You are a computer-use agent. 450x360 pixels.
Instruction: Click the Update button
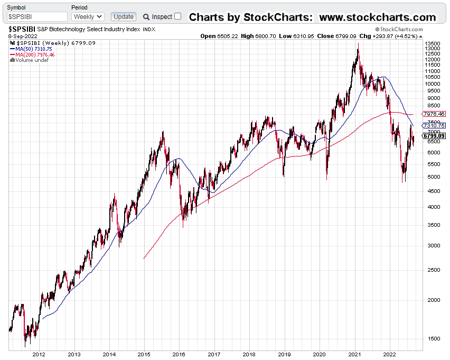pos(124,17)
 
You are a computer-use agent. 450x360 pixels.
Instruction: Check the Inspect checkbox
pos(177,16)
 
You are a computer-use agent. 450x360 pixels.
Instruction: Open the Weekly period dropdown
pos(88,17)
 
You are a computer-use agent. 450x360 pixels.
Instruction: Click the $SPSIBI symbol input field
pos(37,17)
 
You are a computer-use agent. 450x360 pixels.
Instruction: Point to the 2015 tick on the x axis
pos(144,355)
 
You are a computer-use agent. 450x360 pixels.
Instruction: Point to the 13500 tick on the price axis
pos(433,43)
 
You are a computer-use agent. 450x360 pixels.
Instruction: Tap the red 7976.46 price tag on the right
pos(434,114)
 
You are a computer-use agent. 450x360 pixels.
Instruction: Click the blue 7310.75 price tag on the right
pos(434,126)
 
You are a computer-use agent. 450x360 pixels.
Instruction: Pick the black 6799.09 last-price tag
pos(434,136)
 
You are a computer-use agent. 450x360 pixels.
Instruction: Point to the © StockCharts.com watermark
pos(399,30)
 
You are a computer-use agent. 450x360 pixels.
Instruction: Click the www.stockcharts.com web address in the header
pos(378,17)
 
